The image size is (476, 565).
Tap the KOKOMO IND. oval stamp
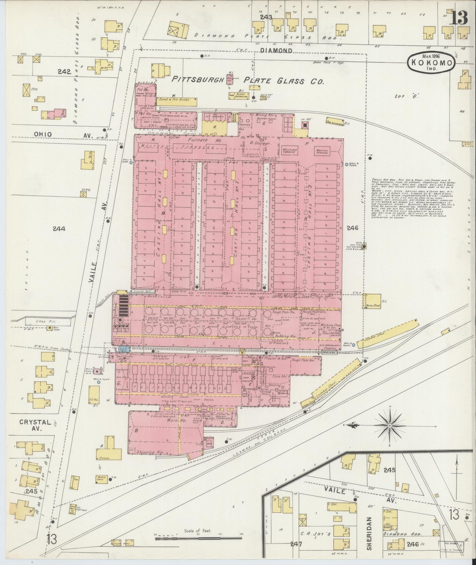(x=432, y=62)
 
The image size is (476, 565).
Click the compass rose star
(x=390, y=426)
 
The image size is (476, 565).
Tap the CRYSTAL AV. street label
(x=35, y=425)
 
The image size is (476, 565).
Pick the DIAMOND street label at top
(x=276, y=51)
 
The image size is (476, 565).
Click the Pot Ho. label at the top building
(x=144, y=89)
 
